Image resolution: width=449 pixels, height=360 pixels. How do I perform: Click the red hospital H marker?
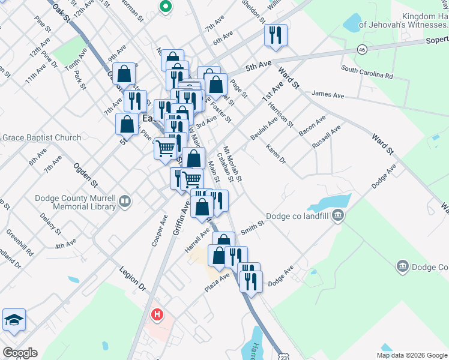tap(157, 314)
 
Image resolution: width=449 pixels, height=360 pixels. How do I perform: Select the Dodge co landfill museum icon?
tap(339, 215)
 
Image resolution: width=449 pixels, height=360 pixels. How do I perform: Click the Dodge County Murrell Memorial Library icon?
tap(125, 201)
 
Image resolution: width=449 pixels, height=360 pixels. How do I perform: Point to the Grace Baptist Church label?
tap(41, 137)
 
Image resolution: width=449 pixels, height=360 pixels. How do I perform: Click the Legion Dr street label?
tap(133, 278)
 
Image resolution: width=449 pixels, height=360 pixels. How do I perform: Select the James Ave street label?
tap(328, 95)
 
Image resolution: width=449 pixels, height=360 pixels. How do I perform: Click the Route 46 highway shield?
tap(361, 49)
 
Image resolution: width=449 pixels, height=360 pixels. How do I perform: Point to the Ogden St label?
tap(86, 173)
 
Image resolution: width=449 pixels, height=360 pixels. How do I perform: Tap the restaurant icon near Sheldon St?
tap(276, 35)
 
